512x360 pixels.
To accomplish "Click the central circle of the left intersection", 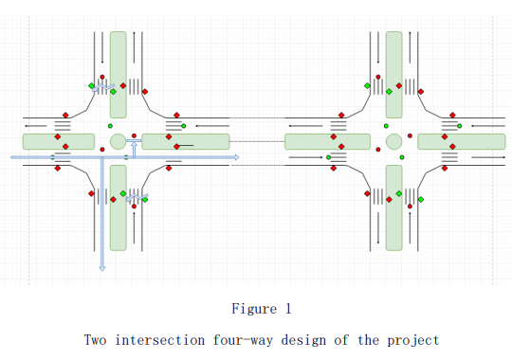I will coord(118,142).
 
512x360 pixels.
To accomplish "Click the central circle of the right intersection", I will coord(393,142).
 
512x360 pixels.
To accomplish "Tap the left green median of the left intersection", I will coord(59,141).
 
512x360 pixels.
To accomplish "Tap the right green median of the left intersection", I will coord(186,141).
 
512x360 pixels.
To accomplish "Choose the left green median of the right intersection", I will coord(327,141).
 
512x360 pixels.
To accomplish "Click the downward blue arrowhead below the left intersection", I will coord(101,267).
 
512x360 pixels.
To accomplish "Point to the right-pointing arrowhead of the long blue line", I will coord(237,156).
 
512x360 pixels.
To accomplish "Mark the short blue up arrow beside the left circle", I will coord(135,148).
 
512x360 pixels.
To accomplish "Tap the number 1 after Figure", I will coord(287,309).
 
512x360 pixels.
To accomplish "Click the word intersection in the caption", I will coord(160,339).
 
